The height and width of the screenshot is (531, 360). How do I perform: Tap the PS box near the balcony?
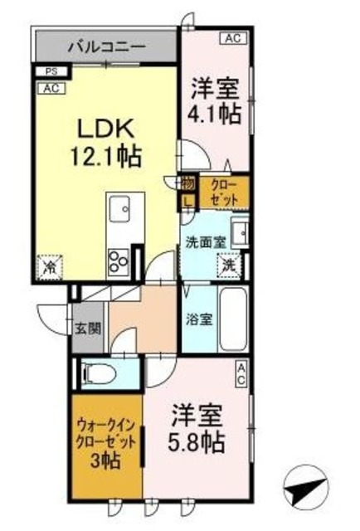coord(50,72)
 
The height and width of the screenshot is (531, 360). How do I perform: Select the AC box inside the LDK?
coord(50,86)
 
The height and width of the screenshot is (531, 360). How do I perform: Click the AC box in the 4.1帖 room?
coord(233,38)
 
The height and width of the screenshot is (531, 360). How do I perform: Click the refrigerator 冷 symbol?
coord(48,268)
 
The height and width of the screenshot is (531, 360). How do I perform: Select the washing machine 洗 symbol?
coord(228,267)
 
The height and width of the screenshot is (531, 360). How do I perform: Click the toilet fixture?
coord(100,373)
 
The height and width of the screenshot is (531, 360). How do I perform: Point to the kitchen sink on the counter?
coord(117,206)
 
